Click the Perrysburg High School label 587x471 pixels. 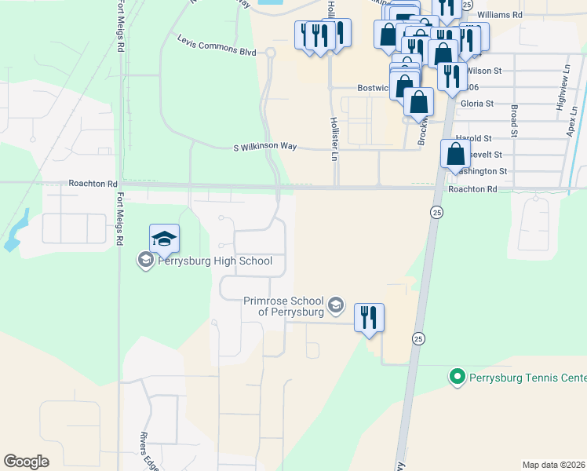tap(214, 261)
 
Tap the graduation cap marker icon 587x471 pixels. tap(165, 239)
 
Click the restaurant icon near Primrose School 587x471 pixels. tap(369, 318)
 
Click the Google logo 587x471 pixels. tap(26, 462)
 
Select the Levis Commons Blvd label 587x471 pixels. tap(217, 45)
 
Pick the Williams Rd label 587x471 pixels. tap(499, 15)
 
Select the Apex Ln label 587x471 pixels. tap(571, 122)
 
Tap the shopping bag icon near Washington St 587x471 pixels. tap(455, 154)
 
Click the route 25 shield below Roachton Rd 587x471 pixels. tap(435, 212)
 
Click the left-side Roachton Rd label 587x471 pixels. tap(93, 183)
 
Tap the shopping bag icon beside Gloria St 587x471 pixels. tap(419, 103)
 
